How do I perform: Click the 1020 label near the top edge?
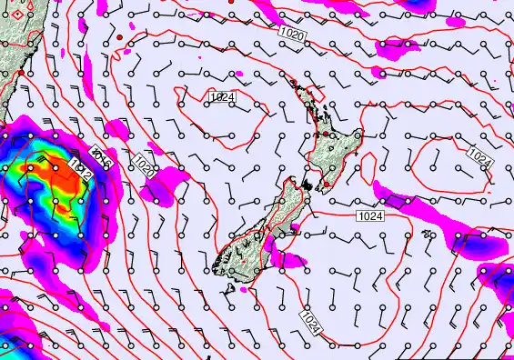(294, 32)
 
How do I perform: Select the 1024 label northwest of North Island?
(221, 96)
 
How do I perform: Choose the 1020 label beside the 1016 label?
(144, 165)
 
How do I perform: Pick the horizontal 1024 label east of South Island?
(370, 215)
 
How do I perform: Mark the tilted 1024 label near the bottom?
(313, 320)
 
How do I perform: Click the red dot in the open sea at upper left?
(119, 36)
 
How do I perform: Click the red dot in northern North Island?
(326, 134)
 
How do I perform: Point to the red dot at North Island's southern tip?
(327, 183)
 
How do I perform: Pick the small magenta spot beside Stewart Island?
(243, 290)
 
